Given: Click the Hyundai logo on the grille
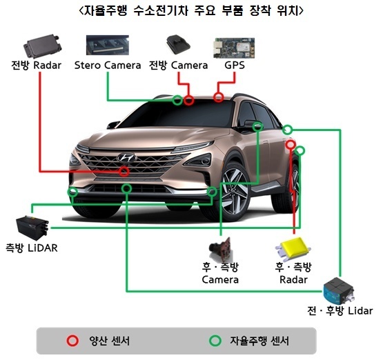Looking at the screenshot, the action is click(127, 157).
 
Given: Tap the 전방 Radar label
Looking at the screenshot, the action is click(36, 65).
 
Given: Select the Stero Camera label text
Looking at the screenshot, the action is click(108, 65).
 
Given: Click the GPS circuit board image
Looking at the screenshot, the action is click(234, 48).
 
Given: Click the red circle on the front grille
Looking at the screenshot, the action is click(124, 172).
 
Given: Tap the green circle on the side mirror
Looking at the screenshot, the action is click(257, 126).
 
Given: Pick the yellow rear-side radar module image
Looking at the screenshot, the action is click(293, 248).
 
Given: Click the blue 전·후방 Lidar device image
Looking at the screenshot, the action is click(339, 290).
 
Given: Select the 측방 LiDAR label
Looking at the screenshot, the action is click(32, 248).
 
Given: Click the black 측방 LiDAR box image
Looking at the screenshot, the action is click(32, 226).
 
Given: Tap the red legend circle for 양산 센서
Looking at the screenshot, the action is click(72, 341).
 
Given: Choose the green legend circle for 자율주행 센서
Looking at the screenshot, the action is click(215, 341).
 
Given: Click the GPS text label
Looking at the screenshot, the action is click(235, 65).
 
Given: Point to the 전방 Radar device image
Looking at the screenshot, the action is click(42, 46).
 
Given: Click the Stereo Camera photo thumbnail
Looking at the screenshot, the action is click(108, 45).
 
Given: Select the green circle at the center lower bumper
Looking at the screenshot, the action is click(126, 188).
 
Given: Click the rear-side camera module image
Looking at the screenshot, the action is click(221, 249).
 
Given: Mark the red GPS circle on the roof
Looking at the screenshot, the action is click(219, 97).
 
